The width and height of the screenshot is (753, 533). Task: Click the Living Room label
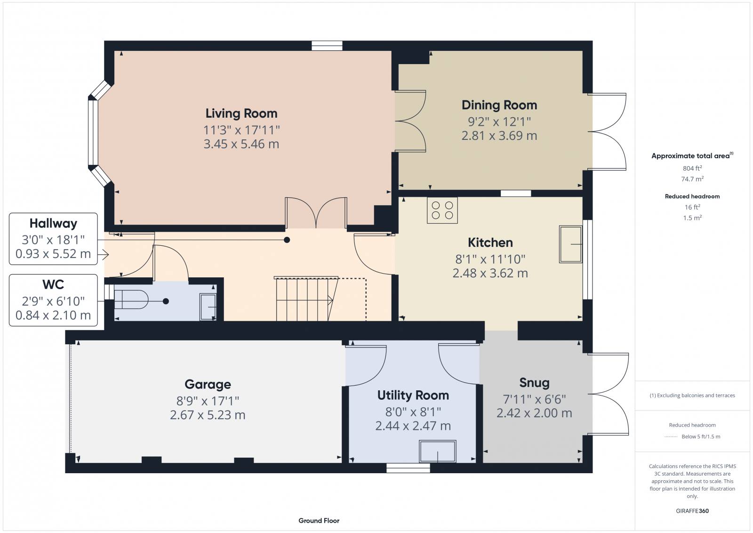pyautogui.click(x=241, y=113)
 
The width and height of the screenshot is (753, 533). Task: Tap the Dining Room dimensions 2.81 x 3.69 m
pyautogui.click(x=499, y=136)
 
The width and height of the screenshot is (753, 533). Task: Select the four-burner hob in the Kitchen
pyautogui.click(x=442, y=210)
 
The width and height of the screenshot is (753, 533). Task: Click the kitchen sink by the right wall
pyautogui.click(x=570, y=244)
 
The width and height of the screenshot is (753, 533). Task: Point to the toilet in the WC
pyautogui.click(x=132, y=299)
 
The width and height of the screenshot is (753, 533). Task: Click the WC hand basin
pyautogui.click(x=208, y=307)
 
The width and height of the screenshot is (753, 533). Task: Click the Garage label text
pyautogui.click(x=208, y=384)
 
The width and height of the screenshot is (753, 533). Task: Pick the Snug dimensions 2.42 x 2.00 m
pyautogui.click(x=534, y=413)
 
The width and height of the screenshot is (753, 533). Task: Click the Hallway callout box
pyautogui.click(x=53, y=239)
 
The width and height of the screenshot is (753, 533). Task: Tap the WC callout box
pyautogui.click(x=53, y=300)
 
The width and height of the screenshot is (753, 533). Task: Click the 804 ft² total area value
pyautogui.click(x=692, y=168)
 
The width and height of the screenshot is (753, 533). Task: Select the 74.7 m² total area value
pyautogui.click(x=692, y=179)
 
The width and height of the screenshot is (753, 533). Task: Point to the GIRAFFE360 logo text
pyautogui.click(x=692, y=511)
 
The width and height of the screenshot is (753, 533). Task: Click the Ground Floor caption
pyautogui.click(x=319, y=520)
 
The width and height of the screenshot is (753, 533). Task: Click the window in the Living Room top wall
pyautogui.click(x=327, y=46)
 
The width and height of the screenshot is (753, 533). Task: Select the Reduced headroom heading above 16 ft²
pyautogui.click(x=692, y=196)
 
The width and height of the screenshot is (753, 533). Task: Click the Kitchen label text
pyautogui.click(x=490, y=242)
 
